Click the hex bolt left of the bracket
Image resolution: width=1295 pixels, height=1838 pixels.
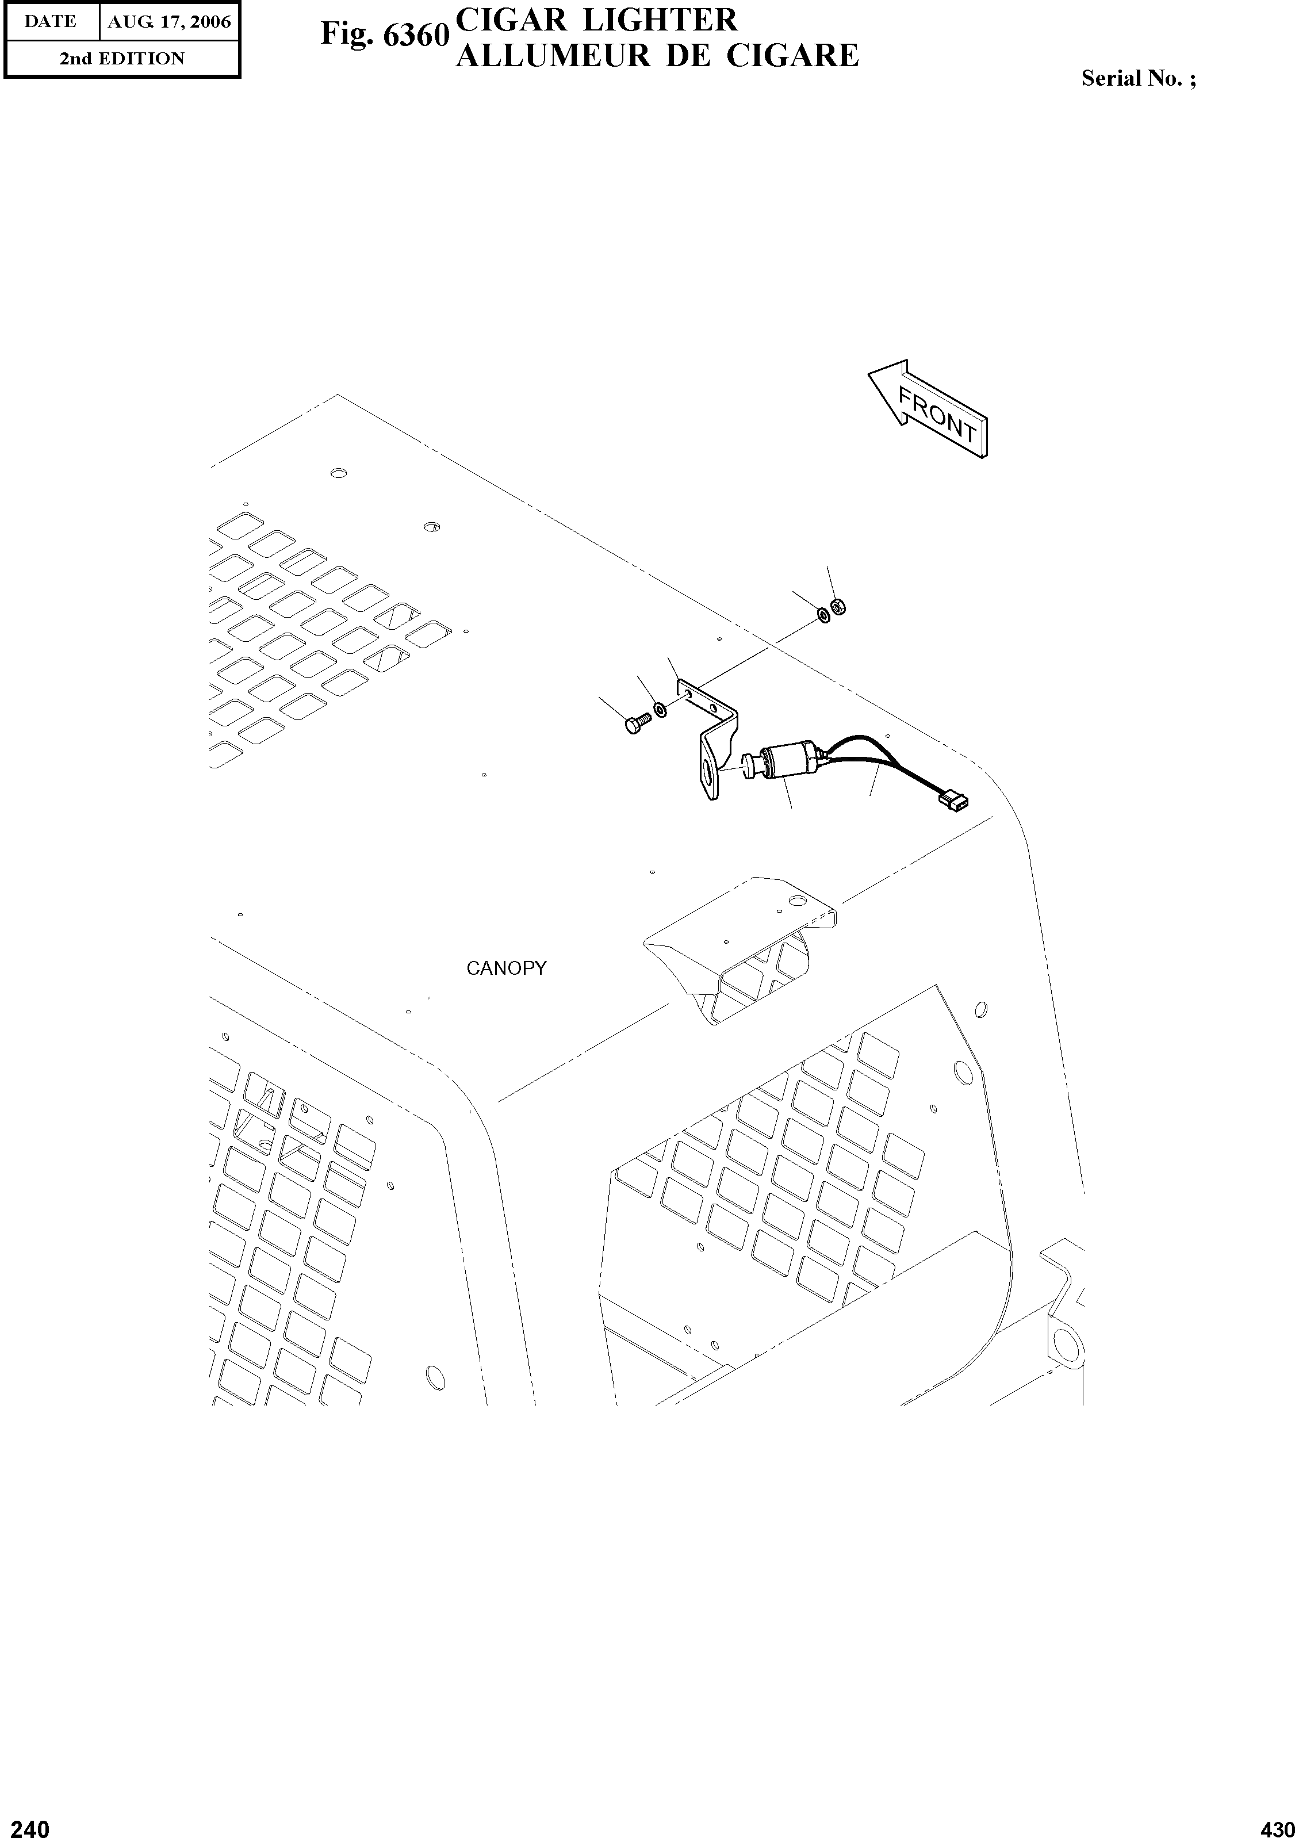[x=633, y=725]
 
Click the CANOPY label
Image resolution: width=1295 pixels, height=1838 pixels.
[x=506, y=968]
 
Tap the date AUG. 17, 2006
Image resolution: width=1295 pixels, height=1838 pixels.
[x=169, y=22]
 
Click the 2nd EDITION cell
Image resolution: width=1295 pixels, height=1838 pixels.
[x=122, y=59]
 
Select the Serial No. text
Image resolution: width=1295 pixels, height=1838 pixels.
[x=1138, y=78]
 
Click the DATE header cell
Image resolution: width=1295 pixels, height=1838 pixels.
[x=51, y=22]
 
